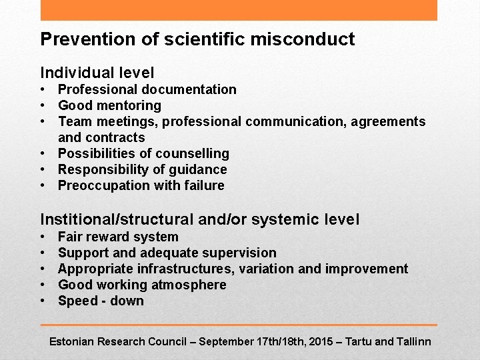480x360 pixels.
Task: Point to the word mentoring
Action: pyautogui.click(x=127, y=105)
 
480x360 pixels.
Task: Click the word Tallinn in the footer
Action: pyautogui.click(x=414, y=341)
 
